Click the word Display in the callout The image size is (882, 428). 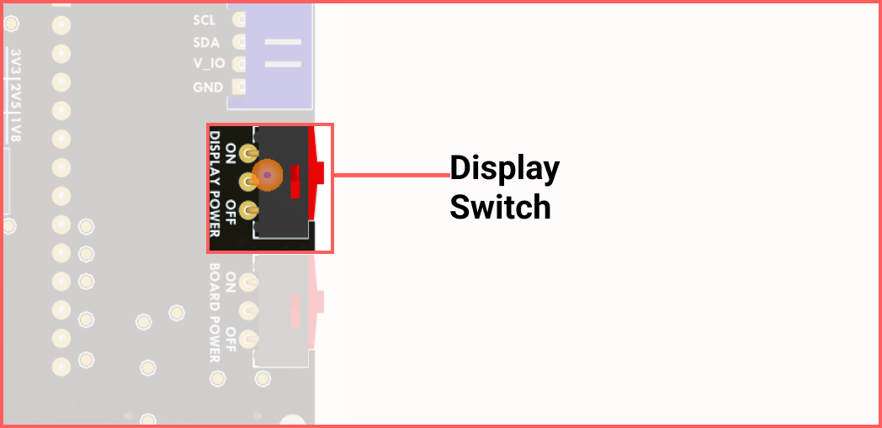click(504, 170)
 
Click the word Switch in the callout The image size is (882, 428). click(500, 207)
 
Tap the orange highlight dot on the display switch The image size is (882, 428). click(268, 175)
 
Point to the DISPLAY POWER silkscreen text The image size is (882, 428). click(215, 184)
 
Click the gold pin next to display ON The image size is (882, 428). click(247, 153)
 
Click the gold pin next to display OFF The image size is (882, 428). click(247, 210)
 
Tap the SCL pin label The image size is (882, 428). click(204, 19)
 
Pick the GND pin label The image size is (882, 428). click(207, 87)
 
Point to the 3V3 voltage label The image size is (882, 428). click(15, 62)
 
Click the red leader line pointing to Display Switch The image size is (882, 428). click(391, 175)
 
